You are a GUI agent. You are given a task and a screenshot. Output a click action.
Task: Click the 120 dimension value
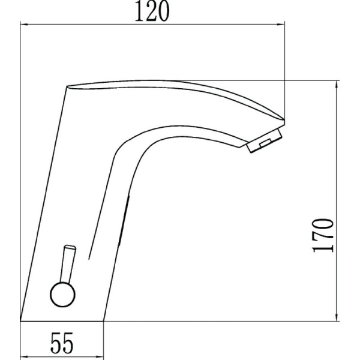click(x=152, y=11)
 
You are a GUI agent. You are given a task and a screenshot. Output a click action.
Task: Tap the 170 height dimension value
click(x=323, y=236)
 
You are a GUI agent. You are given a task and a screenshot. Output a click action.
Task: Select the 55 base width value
click(x=62, y=343)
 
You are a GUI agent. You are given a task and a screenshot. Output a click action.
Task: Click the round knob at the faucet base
click(x=62, y=295)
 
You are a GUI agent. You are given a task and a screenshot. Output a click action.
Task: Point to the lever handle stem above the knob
click(x=68, y=264)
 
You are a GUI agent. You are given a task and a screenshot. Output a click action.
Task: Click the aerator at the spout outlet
click(x=264, y=140)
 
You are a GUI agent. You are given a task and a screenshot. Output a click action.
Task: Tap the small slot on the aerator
click(x=266, y=143)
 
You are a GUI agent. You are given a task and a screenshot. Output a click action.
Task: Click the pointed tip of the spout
click(x=284, y=119)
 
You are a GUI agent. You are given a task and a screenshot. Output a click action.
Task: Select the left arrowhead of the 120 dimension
click(x=25, y=24)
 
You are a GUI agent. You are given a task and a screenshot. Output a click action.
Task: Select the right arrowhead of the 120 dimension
click(x=281, y=24)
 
